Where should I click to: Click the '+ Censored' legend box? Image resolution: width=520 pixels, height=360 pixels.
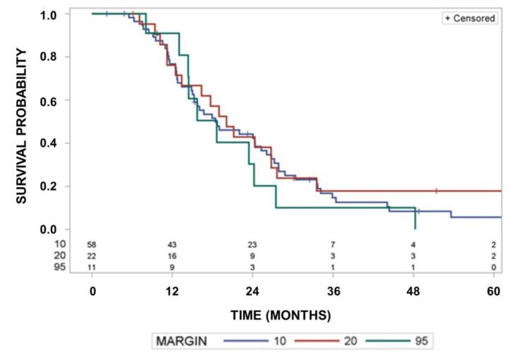(x=470, y=18)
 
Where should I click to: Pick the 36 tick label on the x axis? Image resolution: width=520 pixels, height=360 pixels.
(x=333, y=290)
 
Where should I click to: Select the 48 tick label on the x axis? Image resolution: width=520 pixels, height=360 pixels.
(x=413, y=290)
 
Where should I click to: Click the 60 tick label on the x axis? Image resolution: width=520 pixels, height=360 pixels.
(x=494, y=290)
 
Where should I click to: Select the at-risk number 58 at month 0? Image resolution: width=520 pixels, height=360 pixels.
(x=92, y=244)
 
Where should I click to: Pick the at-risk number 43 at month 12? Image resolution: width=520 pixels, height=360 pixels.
(x=172, y=244)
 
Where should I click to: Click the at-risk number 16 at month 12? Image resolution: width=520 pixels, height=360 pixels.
(x=172, y=256)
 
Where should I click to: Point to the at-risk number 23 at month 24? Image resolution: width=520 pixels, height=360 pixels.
(x=253, y=244)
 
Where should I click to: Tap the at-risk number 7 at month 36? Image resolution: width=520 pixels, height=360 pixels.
(x=333, y=244)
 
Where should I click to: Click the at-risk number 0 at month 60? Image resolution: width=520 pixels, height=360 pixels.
(x=494, y=268)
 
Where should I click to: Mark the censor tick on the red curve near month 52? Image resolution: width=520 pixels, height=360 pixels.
(x=436, y=191)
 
